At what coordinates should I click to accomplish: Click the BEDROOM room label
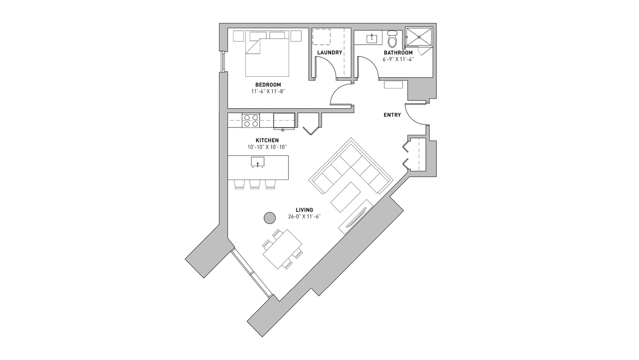pos(268,85)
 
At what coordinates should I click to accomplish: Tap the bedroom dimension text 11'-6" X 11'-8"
pos(268,91)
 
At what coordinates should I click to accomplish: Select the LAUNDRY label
pos(329,52)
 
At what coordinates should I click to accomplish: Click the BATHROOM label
pos(398,52)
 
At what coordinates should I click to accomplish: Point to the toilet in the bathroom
pos(392,39)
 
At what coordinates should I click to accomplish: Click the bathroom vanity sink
pos(372,39)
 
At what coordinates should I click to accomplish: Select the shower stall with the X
pos(419,37)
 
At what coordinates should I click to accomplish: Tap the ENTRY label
pos(392,115)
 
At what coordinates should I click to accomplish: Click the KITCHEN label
pos(267,140)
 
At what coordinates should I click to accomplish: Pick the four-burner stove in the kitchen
pos(251,121)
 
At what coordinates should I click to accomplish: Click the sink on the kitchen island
pos(258,162)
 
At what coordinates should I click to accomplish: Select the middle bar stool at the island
pos(255,184)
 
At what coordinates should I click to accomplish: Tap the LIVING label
pos(304,210)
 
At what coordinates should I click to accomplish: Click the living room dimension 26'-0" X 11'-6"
pos(304,217)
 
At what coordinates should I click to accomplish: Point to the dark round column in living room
pos(270,218)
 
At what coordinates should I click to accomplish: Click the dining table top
pos(282,249)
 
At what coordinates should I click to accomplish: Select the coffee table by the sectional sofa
pos(346,197)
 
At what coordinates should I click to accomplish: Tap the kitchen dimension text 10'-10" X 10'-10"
pos(267,147)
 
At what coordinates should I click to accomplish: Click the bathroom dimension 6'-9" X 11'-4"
pos(398,59)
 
